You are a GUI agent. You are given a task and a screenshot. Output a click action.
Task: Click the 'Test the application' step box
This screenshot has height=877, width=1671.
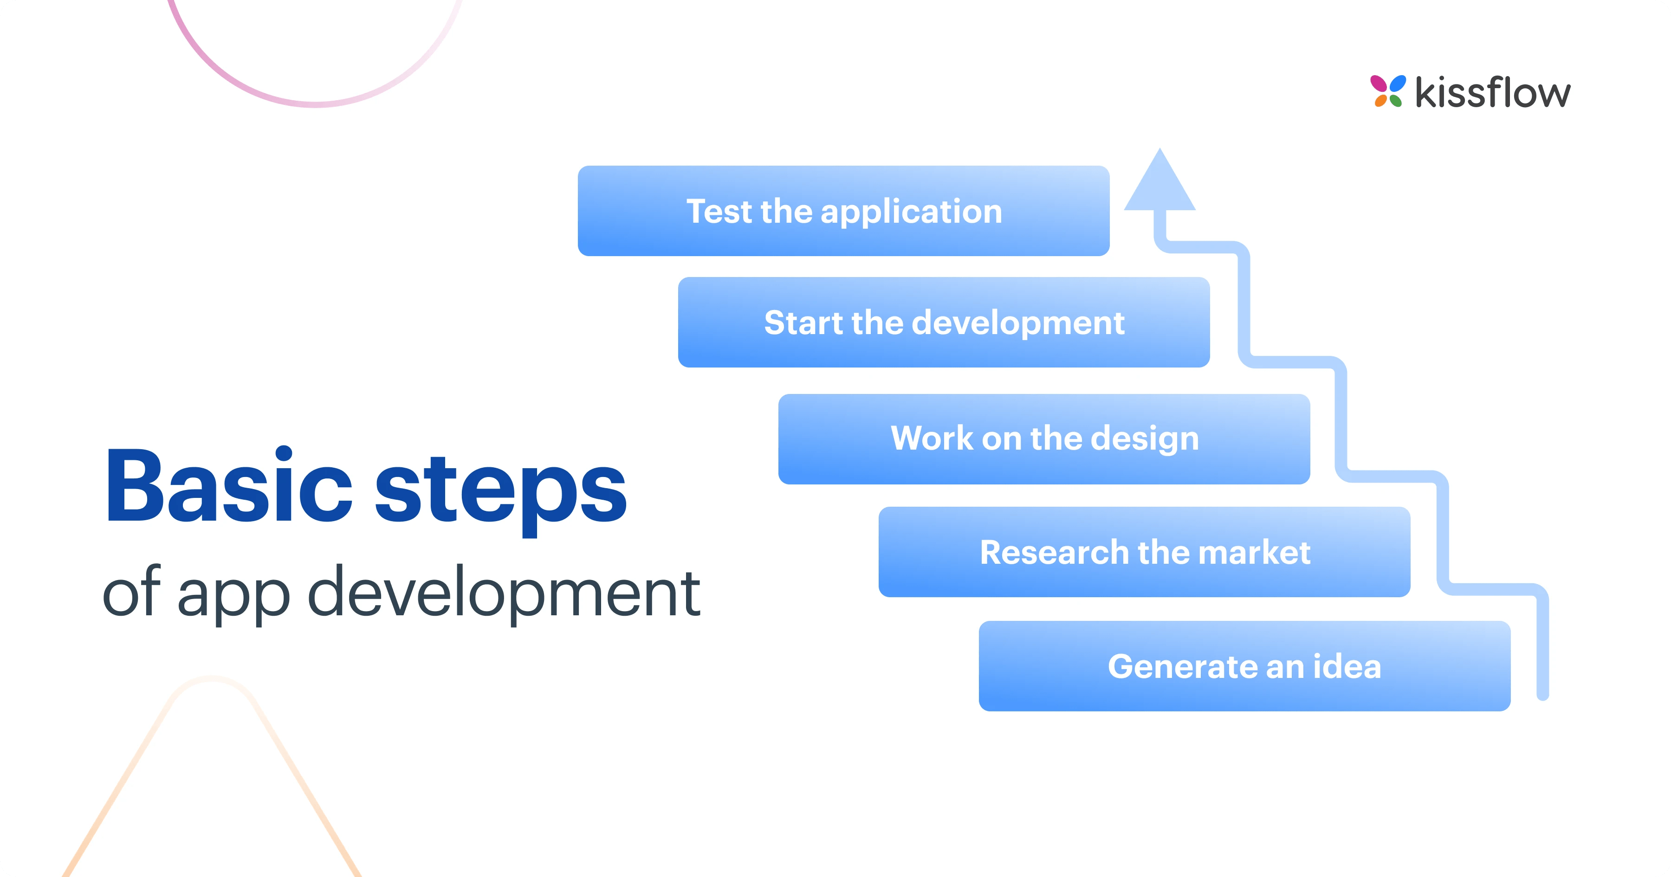click(x=843, y=211)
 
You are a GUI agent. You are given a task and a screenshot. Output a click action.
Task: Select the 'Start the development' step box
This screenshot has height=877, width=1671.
click(x=944, y=322)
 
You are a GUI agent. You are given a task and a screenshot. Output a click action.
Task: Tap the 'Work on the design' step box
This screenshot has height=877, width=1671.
click(x=1044, y=438)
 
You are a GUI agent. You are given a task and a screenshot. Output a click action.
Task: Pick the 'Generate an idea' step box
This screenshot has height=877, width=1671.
click(x=1244, y=666)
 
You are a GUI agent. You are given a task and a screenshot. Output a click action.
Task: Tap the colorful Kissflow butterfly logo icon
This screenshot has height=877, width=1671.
click(x=1387, y=91)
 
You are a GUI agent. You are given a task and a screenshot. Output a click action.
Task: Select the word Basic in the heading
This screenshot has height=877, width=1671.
click(x=228, y=486)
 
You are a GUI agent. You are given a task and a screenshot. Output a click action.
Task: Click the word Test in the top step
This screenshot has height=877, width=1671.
click(x=719, y=212)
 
